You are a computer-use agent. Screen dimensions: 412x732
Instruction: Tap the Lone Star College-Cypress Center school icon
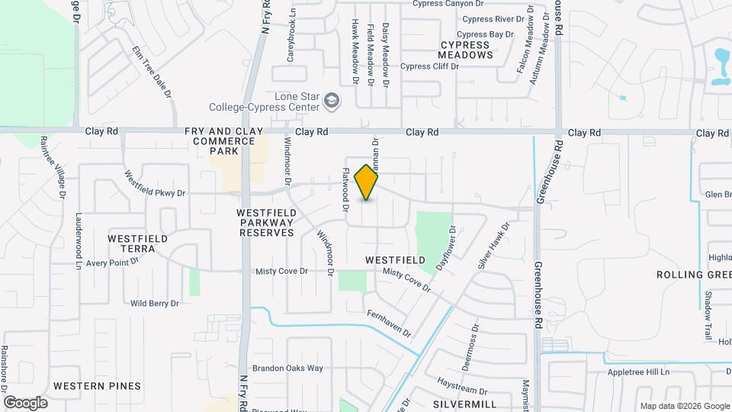tap(332, 100)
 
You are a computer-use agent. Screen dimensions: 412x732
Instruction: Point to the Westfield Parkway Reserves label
tap(265, 222)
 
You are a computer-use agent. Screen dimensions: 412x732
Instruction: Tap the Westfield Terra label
tap(137, 244)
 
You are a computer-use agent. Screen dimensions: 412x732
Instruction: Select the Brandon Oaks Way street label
tap(288, 368)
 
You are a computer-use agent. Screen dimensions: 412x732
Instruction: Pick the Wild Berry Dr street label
tap(154, 303)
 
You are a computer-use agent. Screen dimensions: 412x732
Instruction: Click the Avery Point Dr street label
tap(113, 263)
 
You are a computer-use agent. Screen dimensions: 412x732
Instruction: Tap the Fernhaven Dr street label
tap(389, 323)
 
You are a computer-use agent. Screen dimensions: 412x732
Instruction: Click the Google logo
tap(25, 403)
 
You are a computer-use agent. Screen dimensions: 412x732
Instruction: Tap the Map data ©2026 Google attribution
tap(684, 406)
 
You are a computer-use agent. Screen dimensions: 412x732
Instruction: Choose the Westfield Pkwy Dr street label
tap(156, 184)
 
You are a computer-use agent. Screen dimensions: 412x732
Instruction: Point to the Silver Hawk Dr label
tap(493, 245)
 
